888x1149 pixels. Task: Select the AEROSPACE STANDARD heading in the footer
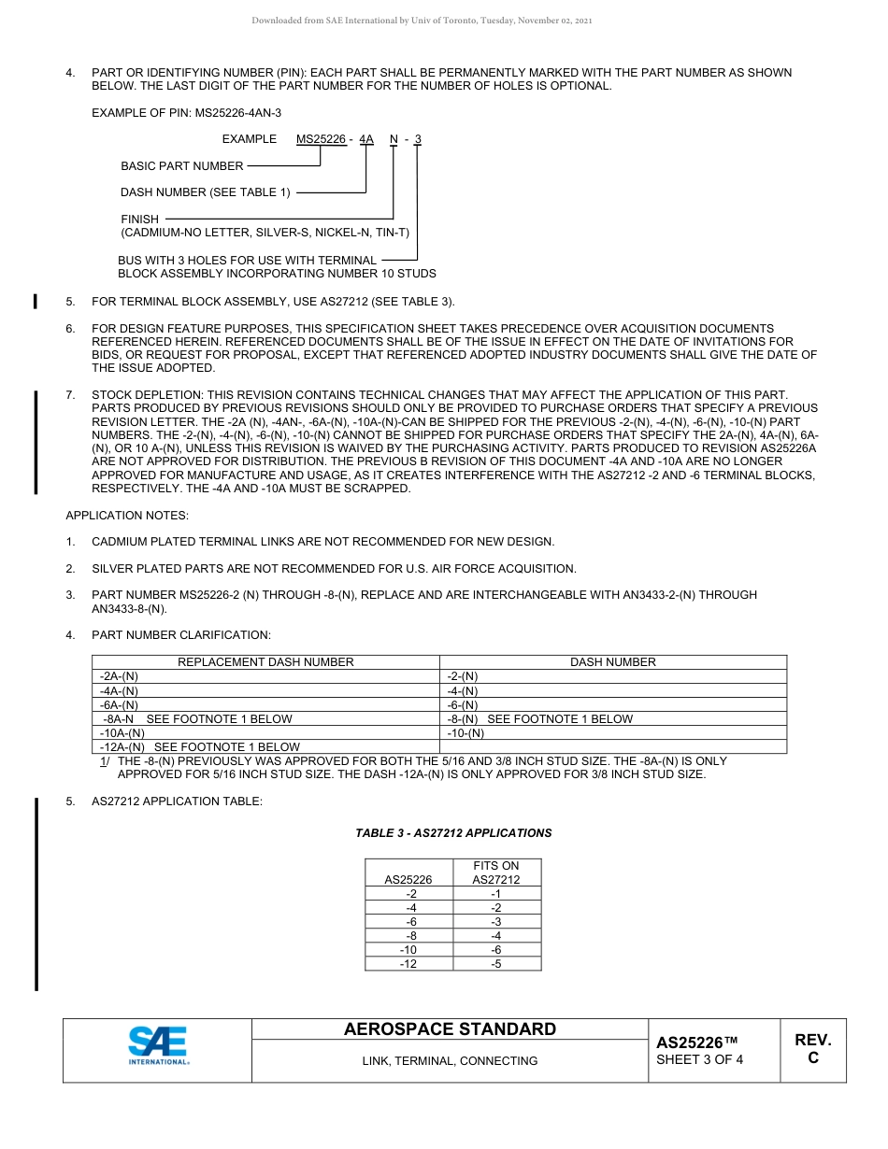450,1029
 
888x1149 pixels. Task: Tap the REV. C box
812,1049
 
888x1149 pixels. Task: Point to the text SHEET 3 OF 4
700,1059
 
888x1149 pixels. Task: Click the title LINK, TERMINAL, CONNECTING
450,1061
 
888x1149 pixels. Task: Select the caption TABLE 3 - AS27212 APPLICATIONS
453,833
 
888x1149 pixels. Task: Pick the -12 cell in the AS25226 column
408,964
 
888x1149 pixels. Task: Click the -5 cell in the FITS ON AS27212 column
495,964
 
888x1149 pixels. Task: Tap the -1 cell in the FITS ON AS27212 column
495,894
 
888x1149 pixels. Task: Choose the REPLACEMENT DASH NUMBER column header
265,662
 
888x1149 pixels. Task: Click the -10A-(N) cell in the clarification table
122,733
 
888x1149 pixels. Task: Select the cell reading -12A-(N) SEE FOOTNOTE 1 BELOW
199,747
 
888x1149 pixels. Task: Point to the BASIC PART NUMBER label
182,166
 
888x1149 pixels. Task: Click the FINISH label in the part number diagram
140,220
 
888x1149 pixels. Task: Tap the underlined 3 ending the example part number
418,139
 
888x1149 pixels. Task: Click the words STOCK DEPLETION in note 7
147,395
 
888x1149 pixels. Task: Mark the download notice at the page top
422,21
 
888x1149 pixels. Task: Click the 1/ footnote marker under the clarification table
104,761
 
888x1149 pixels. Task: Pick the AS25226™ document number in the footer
697,1042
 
